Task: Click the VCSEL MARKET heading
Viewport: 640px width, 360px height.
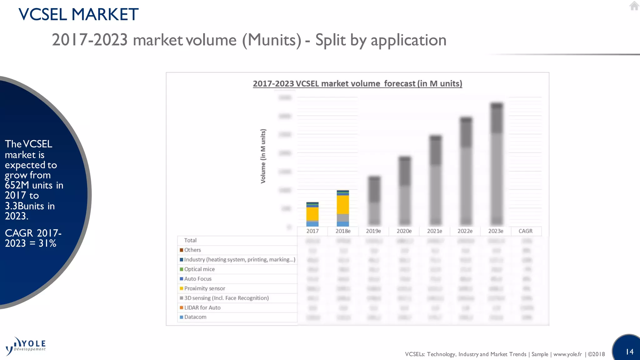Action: click(x=78, y=14)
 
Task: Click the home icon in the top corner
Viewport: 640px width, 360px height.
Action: click(x=634, y=6)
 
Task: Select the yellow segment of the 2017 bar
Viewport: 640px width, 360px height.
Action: click(x=312, y=214)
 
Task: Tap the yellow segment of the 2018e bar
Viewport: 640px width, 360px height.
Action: click(x=343, y=205)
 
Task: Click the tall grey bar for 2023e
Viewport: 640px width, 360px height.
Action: click(x=497, y=175)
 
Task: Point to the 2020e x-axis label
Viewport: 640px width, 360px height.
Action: click(x=404, y=231)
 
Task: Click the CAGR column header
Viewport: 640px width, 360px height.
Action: click(x=525, y=231)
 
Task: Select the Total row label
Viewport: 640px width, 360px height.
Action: click(x=190, y=240)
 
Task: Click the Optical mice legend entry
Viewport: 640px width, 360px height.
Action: click(x=199, y=269)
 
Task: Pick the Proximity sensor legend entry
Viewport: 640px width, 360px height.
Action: click(x=204, y=288)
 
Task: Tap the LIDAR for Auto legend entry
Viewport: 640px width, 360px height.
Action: click(x=202, y=307)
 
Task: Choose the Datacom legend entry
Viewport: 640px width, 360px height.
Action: click(x=195, y=317)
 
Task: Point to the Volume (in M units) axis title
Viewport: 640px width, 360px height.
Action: click(x=263, y=156)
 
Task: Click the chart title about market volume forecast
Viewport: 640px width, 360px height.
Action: click(x=357, y=84)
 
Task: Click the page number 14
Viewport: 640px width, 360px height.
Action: click(x=629, y=352)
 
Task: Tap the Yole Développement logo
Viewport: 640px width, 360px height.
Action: click(x=26, y=346)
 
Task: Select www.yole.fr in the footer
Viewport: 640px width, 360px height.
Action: click(x=567, y=354)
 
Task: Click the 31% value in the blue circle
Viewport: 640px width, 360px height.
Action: click(x=47, y=243)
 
